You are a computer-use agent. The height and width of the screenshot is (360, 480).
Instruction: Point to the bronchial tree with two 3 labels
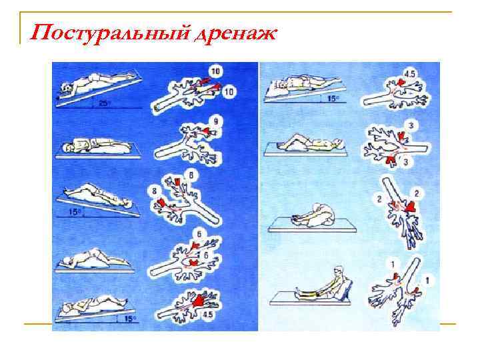coord(393,145)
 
